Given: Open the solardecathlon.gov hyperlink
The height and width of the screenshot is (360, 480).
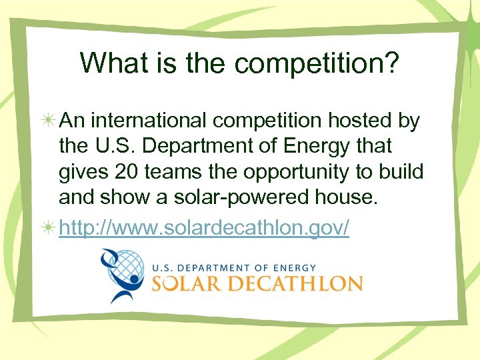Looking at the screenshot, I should click(204, 227).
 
